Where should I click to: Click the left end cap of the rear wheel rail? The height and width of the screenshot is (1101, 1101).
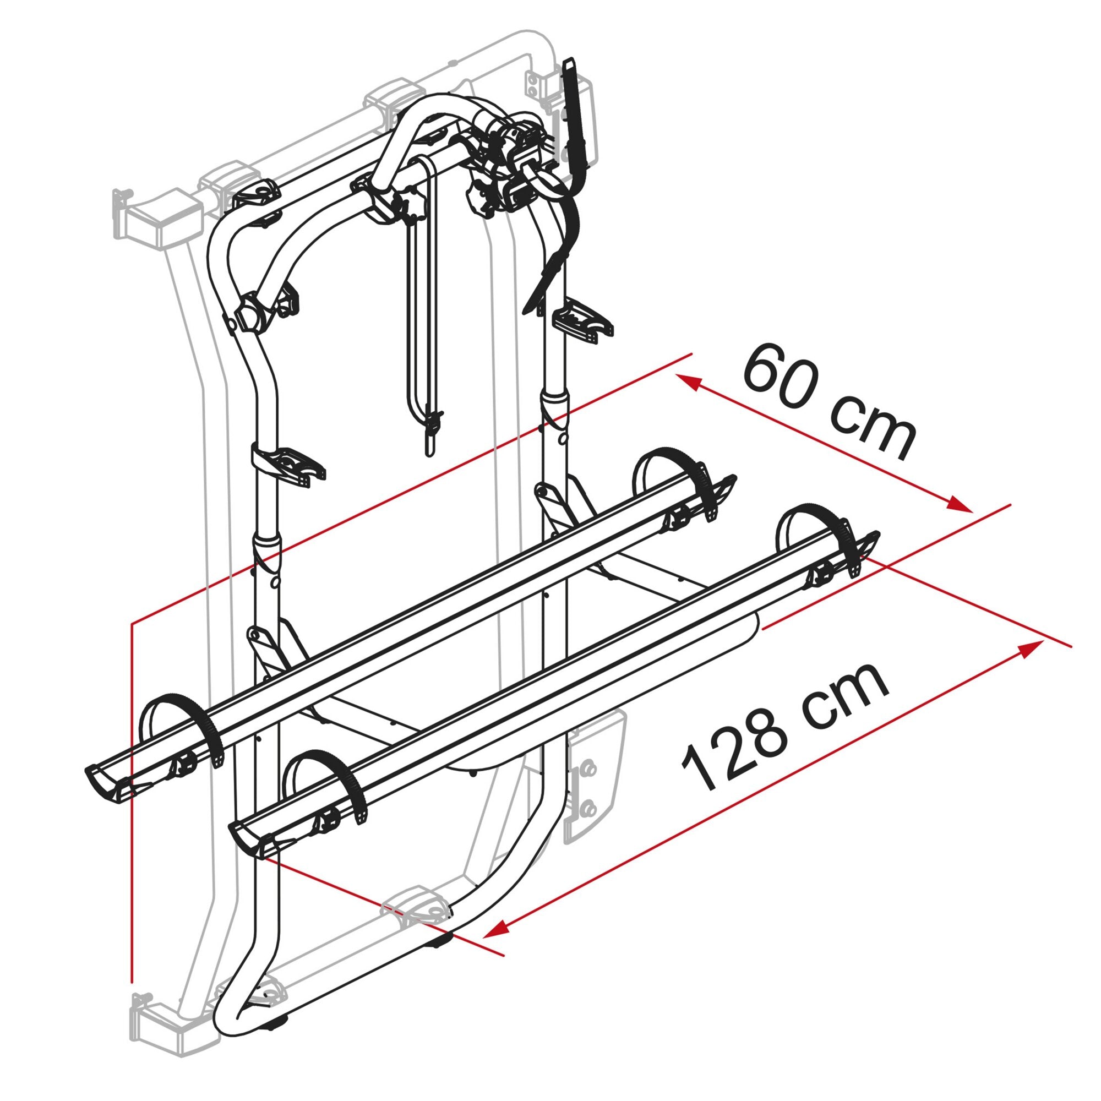[x=108, y=780]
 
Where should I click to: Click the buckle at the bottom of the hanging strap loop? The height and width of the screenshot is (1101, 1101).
[x=433, y=424]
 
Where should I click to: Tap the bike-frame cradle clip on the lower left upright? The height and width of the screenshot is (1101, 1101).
[x=288, y=462]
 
